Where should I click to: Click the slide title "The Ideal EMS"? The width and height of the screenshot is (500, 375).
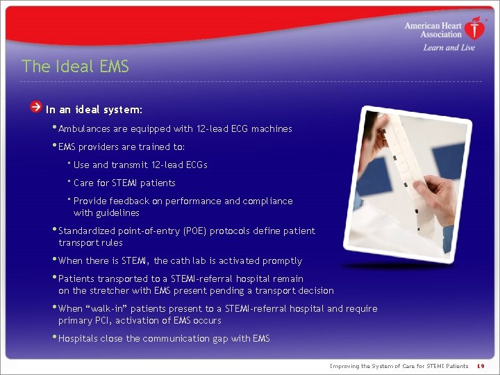(x=75, y=67)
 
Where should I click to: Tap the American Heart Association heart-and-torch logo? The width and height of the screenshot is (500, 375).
(x=475, y=28)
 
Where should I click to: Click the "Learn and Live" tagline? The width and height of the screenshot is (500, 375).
(x=449, y=48)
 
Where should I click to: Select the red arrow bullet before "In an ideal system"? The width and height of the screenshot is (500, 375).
(x=35, y=108)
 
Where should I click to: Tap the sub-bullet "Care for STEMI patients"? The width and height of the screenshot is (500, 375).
(x=124, y=183)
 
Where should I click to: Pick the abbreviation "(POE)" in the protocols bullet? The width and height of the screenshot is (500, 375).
(x=192, y=231)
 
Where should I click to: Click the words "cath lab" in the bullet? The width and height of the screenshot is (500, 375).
(x=188, y=261)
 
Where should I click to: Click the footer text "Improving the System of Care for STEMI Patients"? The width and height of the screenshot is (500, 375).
(x=399, y=366)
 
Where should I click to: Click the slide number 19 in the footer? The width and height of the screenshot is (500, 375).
(x=481, y=366)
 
